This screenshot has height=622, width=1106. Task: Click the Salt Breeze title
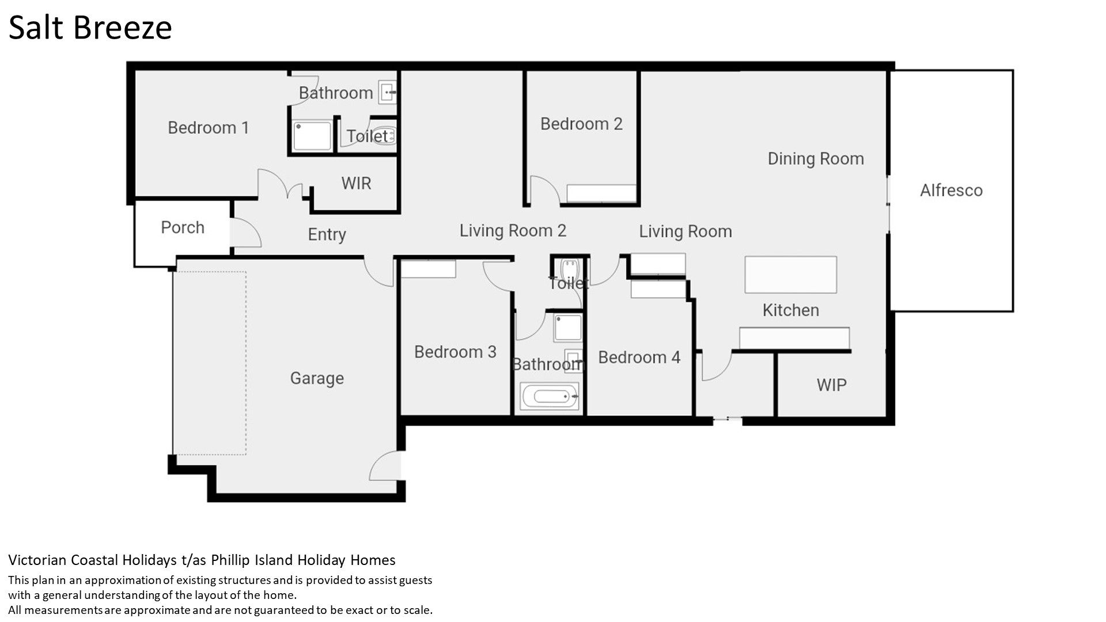[x=90, y=28]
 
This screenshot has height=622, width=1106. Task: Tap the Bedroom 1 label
[x=209, y=127]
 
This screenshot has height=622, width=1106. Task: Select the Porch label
[x=183, y=227]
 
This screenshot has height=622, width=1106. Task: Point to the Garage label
[x=317, y=378]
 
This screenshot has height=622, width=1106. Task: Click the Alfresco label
[x=951, y=190]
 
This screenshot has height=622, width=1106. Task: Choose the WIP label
[x=831, y=385]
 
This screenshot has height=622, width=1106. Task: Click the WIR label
[x=356, y=183]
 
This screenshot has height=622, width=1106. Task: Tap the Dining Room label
[x=816, y=159]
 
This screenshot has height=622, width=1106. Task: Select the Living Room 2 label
[x=513, y=230]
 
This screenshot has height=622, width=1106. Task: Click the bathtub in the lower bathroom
[x=550, y=396]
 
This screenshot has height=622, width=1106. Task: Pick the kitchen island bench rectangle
[x=790, y=275]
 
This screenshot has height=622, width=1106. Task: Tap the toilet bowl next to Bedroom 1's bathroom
[x=385, y=136]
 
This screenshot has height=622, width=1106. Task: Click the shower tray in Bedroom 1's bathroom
[x=312, y=136]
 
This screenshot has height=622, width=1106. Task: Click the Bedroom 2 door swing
[x=544, y=190]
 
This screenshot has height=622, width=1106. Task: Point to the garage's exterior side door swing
[x=384, y=465]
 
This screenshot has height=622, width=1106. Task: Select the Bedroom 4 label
[x=639, y=357]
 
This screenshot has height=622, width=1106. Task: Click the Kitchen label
[x=791, y=310]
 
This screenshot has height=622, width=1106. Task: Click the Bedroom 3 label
[x=455, y=352]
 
